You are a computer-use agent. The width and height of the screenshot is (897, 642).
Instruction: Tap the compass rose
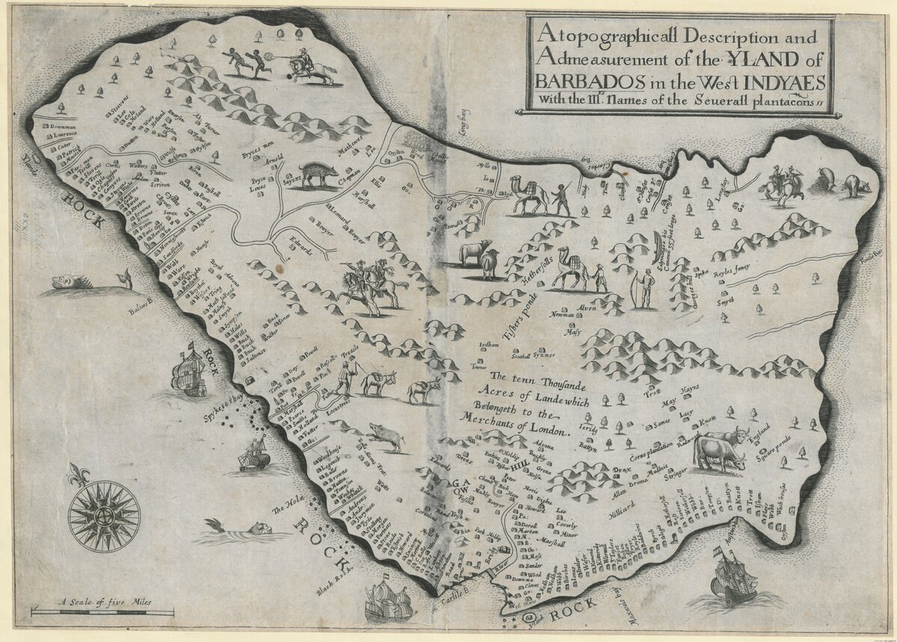tap(104, 516)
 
